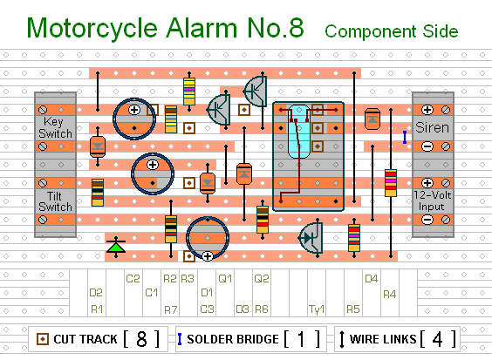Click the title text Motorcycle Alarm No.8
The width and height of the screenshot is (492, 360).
coord(165,28)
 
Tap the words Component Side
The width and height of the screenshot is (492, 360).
coord(391,31)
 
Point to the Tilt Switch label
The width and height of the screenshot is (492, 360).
coord(55,201)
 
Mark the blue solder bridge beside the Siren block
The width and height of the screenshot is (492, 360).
coord(405,137)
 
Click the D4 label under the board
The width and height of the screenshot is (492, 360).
coord(371,279)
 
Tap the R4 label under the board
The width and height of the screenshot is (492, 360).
coord(390,294)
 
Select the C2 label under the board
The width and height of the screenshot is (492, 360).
coord(133,279)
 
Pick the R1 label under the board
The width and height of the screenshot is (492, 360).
coord(97,309)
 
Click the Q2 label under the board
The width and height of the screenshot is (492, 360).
coord(261,279)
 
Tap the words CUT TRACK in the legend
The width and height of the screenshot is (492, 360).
coord(80,339)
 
